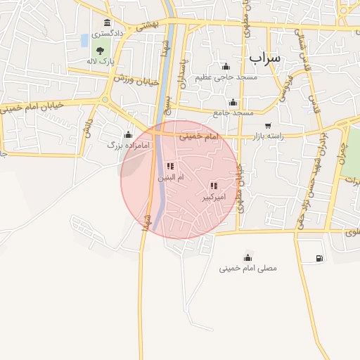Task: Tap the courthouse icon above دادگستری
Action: click(107, 23)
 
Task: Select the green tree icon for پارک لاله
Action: click(100, 50)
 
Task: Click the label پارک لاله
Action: click(100, 62)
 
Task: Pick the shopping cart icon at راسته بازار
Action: click(268, 126)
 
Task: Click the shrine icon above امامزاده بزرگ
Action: click(128, 135)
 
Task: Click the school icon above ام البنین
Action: click(170, 167)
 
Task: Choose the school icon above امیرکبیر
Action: click(213, 186)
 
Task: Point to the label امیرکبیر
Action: click(213, 198)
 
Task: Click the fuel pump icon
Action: click(320, 258)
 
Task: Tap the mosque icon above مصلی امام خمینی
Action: click(247, 257)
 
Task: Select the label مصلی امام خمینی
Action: click(247, 268)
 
